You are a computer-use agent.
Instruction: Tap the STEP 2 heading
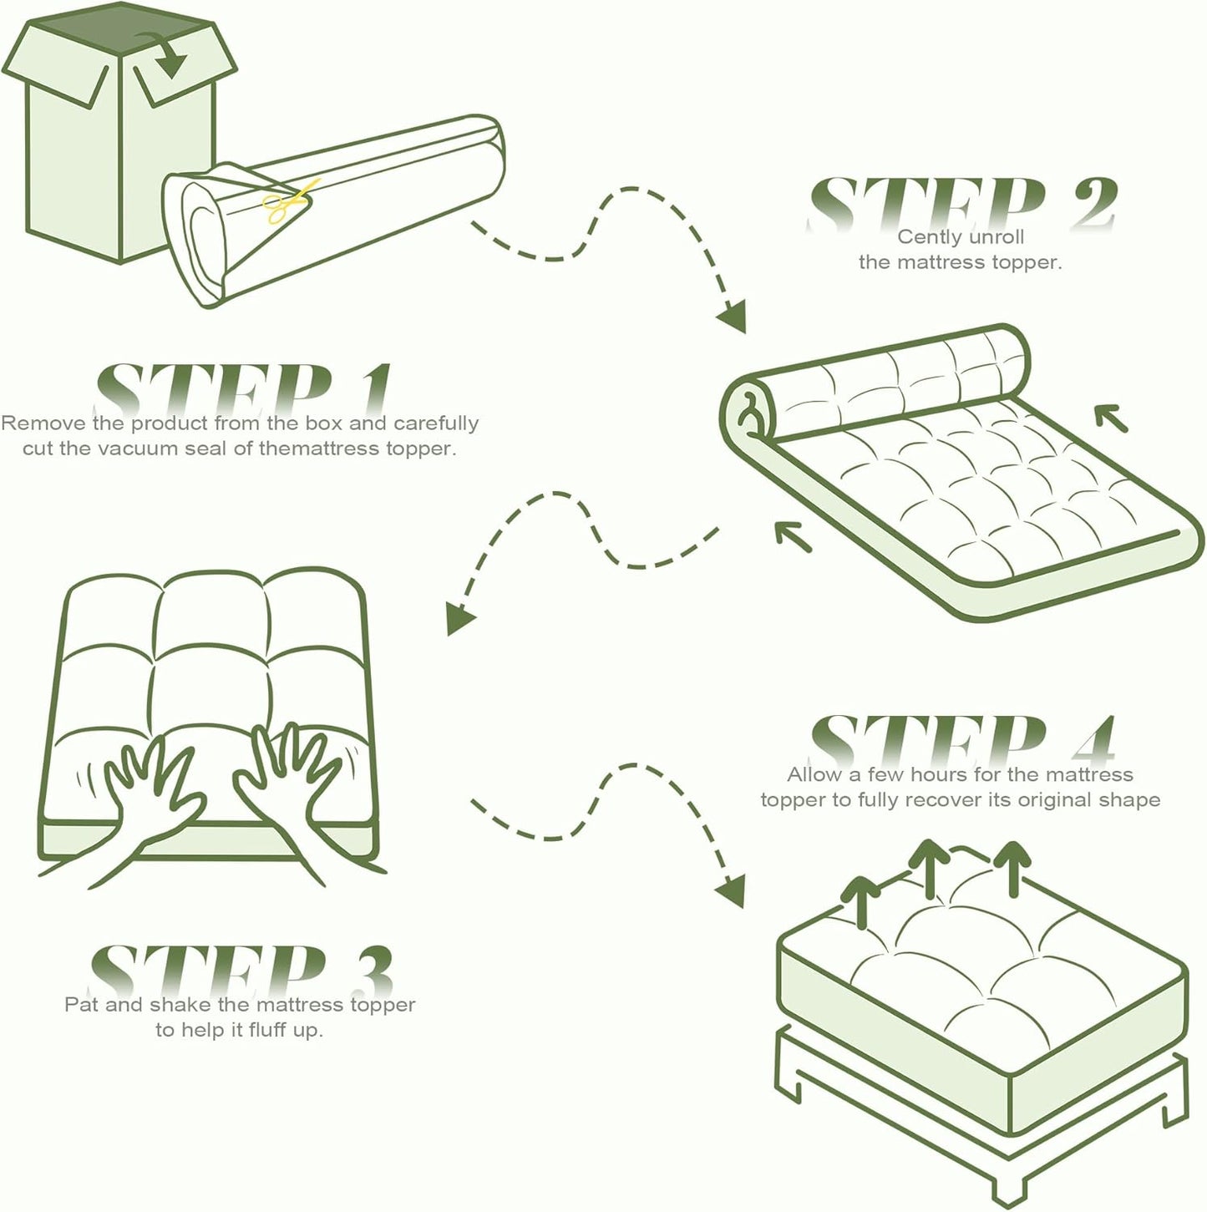click(961, 202)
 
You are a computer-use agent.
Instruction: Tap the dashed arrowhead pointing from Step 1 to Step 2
click(732, 317)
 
